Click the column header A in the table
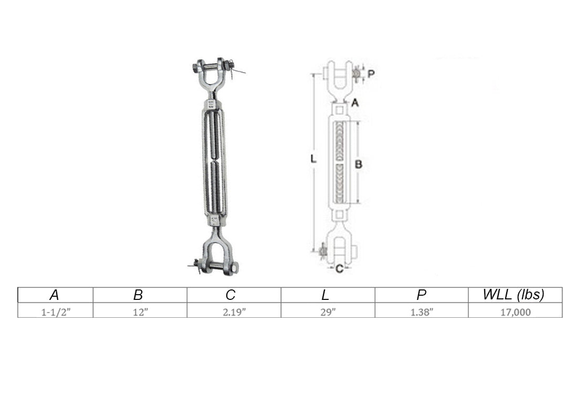point(54,295)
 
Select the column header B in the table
point(138,295)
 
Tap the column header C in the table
point(231,295)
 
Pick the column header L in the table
point(325,295)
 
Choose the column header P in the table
point(421,295)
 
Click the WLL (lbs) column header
point(514,295)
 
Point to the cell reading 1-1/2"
point(56,312)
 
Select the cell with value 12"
point(140,312)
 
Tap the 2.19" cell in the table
point(234,312)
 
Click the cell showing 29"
point(328,312)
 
